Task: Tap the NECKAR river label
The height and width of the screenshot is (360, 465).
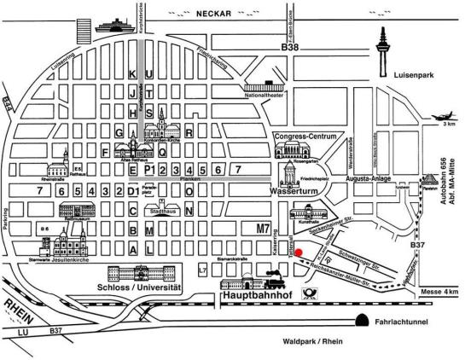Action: tap(215, 15)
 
